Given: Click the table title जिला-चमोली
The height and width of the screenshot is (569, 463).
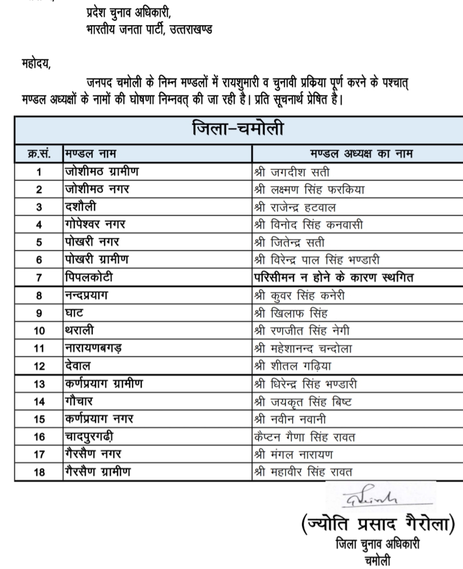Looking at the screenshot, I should (x=238, y=130).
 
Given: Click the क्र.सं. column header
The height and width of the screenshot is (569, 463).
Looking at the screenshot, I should (x=39, y=154).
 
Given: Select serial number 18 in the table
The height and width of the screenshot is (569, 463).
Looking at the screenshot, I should (x=39, y=472).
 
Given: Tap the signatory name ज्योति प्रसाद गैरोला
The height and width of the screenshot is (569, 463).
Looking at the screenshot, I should (x=378, y=523).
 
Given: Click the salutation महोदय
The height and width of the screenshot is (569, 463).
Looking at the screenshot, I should (x=36, y=63).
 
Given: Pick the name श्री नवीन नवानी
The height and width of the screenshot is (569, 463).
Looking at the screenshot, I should (x=292, y=419).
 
